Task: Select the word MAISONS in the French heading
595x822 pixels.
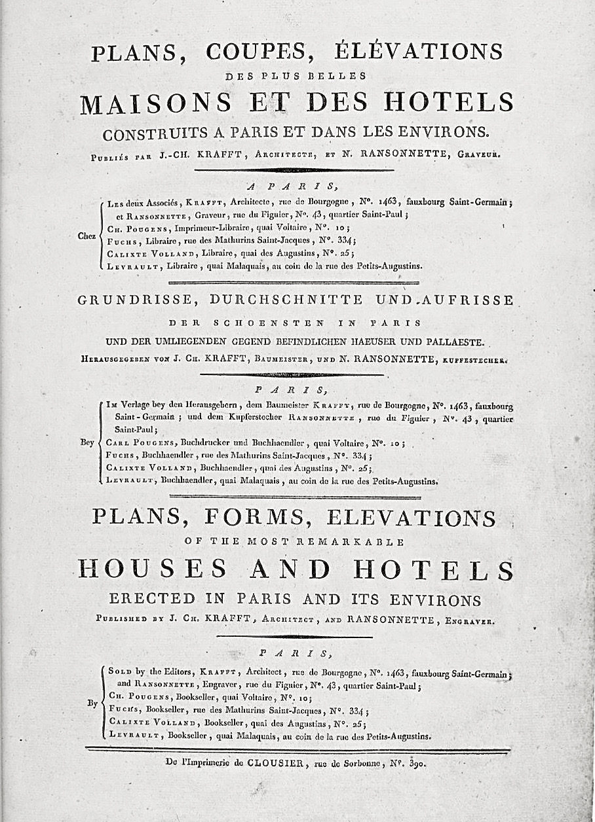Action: point(155,103)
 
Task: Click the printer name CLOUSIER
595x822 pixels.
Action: point(269,762)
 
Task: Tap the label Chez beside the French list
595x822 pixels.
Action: point(87,236)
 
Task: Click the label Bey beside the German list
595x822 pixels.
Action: point(87,442)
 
